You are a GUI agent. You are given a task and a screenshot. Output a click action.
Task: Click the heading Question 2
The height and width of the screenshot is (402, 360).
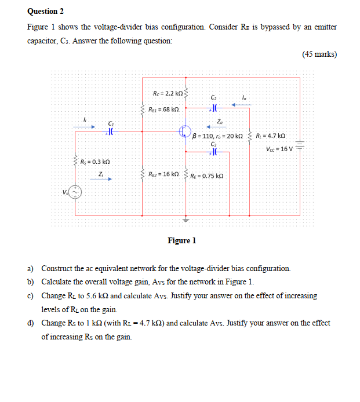(46, 11)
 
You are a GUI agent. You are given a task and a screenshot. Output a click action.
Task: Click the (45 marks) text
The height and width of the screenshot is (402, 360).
(319, 54)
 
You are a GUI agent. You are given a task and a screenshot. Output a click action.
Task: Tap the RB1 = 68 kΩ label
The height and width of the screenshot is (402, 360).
(163, 109)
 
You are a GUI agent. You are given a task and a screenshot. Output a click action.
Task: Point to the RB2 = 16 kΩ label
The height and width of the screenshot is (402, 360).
(163, 174)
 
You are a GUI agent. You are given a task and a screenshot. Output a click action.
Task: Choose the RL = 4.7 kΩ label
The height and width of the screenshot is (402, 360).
(270, 136)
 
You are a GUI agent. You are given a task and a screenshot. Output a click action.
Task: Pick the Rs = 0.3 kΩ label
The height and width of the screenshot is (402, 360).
(95, 161)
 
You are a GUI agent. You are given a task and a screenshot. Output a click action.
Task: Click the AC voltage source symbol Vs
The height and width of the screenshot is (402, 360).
(77, 192)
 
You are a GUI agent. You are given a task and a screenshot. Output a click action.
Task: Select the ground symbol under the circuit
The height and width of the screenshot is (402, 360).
(186, 220)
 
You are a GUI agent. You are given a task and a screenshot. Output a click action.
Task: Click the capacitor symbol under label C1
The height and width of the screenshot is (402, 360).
(110, 131)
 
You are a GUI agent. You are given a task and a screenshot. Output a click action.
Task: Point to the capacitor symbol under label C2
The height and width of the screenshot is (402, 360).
(214, 107)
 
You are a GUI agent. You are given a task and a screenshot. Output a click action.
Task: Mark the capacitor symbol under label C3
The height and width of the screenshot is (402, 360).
(214, 152)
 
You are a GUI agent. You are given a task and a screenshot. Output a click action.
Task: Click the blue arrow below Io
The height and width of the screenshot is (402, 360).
(241, 105)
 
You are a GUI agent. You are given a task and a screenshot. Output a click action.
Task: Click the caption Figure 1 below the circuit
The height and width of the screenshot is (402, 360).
(182, 240)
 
